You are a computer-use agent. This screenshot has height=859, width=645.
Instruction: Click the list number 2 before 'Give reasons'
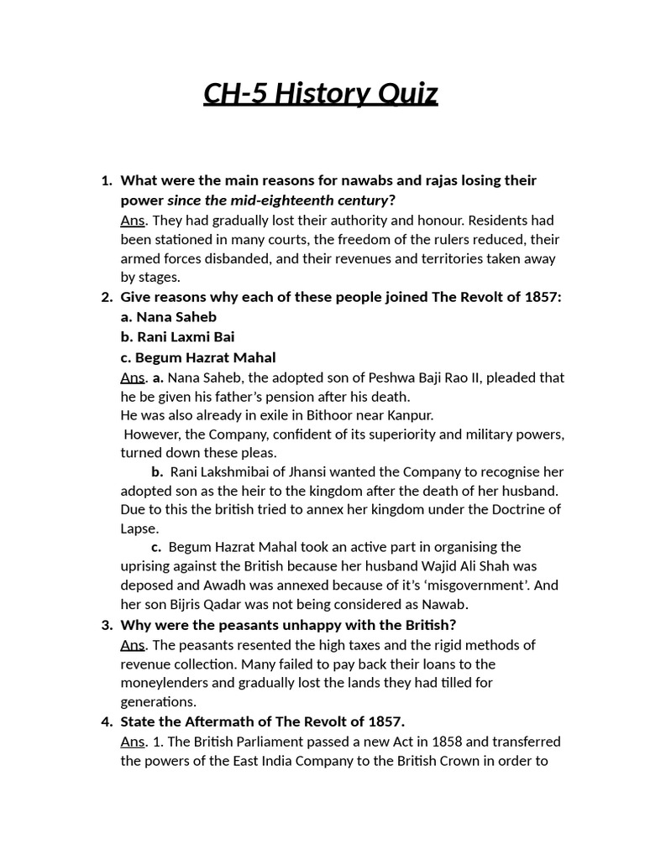pos(107,297)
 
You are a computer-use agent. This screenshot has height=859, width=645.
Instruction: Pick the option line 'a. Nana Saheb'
pos(169,316)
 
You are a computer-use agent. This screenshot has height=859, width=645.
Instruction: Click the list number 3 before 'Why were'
pos(107,625)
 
